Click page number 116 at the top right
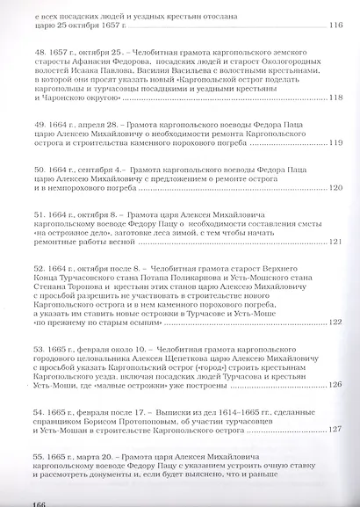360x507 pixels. [x=334, y=25]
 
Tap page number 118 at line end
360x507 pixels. [x=334, y=97]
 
